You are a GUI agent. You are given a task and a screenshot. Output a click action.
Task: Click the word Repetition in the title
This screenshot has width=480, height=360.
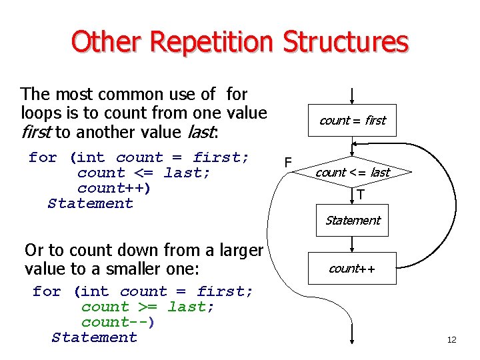[x=212, y=41]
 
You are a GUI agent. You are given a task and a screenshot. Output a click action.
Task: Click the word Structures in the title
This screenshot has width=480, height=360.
[x=345, y=41]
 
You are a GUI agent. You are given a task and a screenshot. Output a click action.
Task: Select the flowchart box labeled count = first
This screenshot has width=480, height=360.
[x=352, y=121]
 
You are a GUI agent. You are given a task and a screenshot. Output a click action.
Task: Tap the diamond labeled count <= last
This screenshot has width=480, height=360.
[x=352, y=173]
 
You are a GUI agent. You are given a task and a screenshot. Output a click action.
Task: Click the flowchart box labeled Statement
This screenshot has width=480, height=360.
[x=352, y=221]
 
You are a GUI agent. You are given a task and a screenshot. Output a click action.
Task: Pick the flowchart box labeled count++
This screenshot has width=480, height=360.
[x=352, y=269]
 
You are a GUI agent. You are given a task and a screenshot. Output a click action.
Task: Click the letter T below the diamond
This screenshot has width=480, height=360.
[x=361, y=195]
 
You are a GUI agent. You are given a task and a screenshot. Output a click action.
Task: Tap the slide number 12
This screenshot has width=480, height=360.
[x=451, y=340]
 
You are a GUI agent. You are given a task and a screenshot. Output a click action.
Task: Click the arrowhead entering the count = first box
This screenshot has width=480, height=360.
[x=352, y=100]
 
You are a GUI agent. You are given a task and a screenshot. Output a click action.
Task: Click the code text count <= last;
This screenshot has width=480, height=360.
[x=143, y=173]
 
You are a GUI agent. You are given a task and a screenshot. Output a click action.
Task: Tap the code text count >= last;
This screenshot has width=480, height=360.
[x=147, y=307]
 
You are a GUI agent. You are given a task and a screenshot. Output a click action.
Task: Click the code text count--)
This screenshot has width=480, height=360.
[x=118, y=322]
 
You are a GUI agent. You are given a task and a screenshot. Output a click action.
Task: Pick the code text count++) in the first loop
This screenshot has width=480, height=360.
[x=114, y=188]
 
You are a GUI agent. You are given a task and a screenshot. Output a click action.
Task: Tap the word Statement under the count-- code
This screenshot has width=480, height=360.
[x=95, y=337]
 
